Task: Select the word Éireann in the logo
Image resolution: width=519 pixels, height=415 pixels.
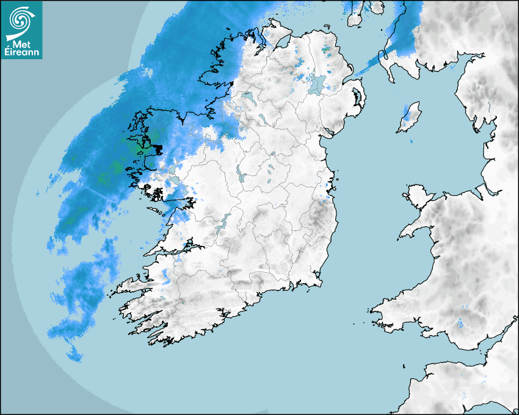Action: (21, 53)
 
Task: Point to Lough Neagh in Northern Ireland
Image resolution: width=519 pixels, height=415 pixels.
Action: (318, 84)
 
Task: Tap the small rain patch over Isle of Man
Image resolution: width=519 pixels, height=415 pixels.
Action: (406, 112)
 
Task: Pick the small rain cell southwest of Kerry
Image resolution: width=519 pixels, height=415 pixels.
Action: (74, 353)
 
